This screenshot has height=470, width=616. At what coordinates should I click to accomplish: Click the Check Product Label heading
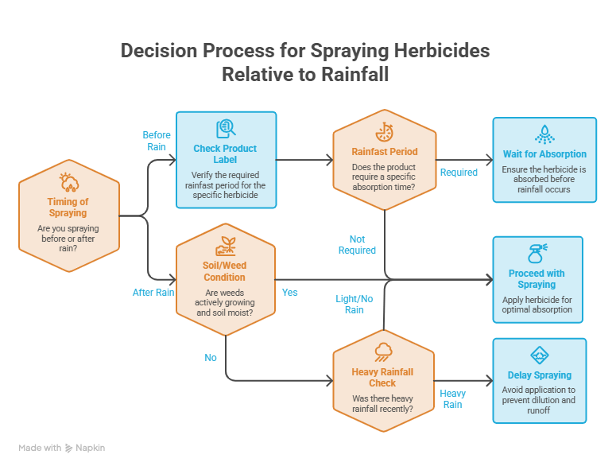tap(225, 154)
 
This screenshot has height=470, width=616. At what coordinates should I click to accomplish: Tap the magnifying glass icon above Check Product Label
tap(226, 129)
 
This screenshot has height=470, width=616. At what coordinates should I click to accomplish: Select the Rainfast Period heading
tap(384, 152)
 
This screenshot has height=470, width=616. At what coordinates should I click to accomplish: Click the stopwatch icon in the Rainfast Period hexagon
tap(384, 132)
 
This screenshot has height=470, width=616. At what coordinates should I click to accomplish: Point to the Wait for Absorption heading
tap(544, 154)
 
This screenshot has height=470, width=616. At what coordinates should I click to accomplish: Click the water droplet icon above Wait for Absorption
tap(544, 134)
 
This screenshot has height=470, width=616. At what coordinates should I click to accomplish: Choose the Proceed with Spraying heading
tap(537, 278)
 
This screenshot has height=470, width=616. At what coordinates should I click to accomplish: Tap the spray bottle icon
tap(537, 254)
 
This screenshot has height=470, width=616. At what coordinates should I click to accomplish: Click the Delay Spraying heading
tap(540, 375)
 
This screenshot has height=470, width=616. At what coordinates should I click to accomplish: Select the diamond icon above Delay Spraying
tap(540, 355)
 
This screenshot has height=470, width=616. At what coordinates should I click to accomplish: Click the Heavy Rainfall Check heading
tap(382, 377)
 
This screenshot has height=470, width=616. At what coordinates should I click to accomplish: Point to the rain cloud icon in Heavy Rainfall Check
tap(383, 352)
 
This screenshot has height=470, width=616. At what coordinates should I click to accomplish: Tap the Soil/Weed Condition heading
tap(224, 271)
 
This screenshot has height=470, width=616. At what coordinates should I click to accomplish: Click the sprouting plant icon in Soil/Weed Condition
tap(226, 246)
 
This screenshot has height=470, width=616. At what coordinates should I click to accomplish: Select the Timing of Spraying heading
tap(68, 207)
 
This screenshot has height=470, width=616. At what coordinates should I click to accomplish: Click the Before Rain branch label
tap(157, 141)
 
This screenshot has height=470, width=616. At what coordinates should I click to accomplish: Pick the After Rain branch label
tap(153, 293)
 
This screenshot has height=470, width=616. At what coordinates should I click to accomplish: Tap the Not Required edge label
tap(357, 244)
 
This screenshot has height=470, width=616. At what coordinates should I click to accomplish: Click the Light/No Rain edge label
tap(354, 304)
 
